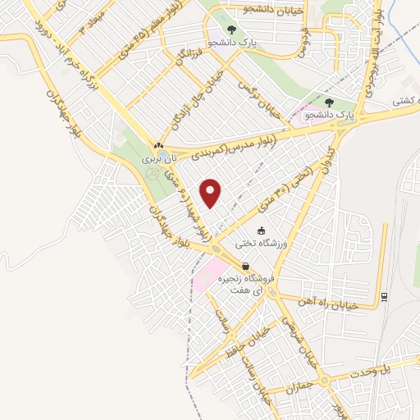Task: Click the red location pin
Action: point(212,193)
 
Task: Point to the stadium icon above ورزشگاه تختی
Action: point(261,231)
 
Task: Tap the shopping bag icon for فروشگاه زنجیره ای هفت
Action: point(245,266)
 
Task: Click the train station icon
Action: point(384,296)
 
